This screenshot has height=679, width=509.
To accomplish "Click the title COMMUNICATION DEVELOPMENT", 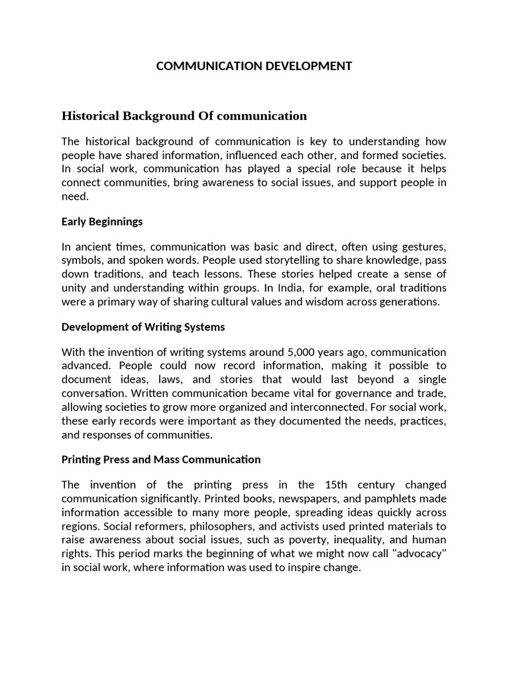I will coord(254,66).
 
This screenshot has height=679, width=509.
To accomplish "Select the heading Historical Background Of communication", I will coord(184,116).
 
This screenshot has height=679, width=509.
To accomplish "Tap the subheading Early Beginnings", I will coord(102,221).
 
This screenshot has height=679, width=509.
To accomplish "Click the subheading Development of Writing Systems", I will coord(143,326).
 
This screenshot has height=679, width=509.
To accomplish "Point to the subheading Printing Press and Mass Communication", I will coord(161,459).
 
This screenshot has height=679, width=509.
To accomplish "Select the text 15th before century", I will coord(340,485).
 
